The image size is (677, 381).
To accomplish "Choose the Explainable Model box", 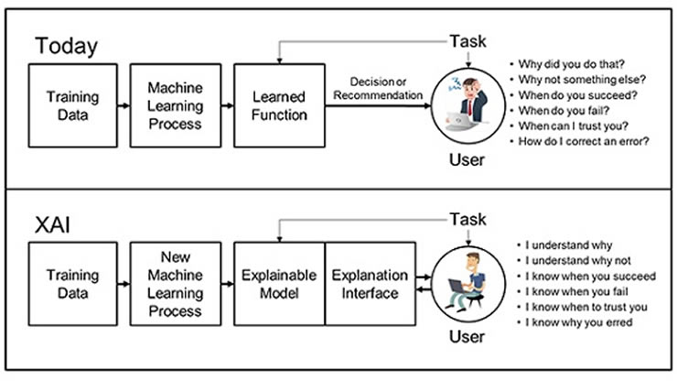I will point(278,285).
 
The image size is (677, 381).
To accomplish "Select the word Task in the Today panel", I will point(467,41).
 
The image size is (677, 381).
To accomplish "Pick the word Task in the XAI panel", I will point(467,220).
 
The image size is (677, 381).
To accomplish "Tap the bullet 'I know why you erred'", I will point(577,322).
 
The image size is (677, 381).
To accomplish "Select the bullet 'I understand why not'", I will point(575,260).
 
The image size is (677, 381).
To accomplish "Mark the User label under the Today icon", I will point(466,161).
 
